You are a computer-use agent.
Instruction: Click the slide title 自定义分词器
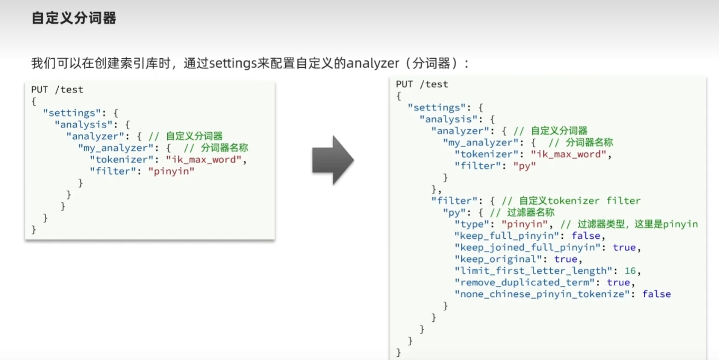coord(74,18)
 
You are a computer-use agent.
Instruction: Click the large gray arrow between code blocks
coord(333,160)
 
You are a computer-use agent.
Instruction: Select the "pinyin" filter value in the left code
coord(171,171)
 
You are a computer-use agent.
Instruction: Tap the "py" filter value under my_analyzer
coord(524,166)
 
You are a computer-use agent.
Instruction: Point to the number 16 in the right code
coord(630,271)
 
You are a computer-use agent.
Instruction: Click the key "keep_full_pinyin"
coord(507,236)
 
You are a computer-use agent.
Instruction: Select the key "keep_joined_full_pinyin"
coord(527,248)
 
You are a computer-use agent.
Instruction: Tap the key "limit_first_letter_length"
coord(533,271)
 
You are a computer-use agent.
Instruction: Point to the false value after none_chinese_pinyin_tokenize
coord(657,294)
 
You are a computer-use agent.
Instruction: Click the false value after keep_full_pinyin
coord(586,236)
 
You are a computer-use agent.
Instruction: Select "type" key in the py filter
coord(472,224)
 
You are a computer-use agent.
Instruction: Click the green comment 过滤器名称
coord(531,212)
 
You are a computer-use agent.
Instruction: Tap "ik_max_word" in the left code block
coord(204,159)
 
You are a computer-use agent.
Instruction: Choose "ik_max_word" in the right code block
coord(568,155)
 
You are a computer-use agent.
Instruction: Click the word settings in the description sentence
coord(233,64)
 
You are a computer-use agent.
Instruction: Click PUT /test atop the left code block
coord(57,89)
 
